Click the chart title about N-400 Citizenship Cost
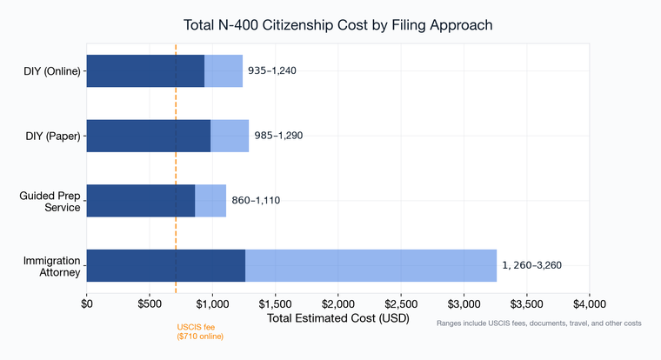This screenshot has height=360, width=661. pyautogui.click(x=338, y=25)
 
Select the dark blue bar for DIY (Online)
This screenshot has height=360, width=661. pyautogui.click(x=145, y=70)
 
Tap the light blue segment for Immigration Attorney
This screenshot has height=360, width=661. pyautogui.click(x=371, y=265)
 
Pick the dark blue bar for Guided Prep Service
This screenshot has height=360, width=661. pyautogui.click(x=141, y=200)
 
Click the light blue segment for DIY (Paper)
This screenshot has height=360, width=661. pyautogui.click(x=230, y=136)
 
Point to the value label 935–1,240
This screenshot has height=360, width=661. pyautogui.click(x=272, y=70)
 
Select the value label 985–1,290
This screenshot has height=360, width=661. pyautogui.click(x=278, y=136)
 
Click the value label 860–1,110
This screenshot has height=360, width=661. pyautogui.click(x=256, y=200)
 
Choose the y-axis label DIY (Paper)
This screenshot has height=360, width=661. pyautogui.click(x=53, y=136)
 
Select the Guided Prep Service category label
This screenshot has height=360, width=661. pyautogui.click(x=52, y=200)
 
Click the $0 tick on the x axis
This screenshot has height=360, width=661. pyautogui.click(x=87, y=305)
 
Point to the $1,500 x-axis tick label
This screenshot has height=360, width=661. pyautogui.click(x=275, y=305)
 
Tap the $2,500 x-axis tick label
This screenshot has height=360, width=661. pyautogui.click(x=401, y=305)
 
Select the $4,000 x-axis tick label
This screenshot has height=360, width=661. pyautogui.click(x=590, y=305)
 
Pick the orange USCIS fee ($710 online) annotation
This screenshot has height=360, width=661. pyautogui.click(x=200, y=331)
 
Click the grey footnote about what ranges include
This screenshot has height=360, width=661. pyautogui.click(x=538, y=323)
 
